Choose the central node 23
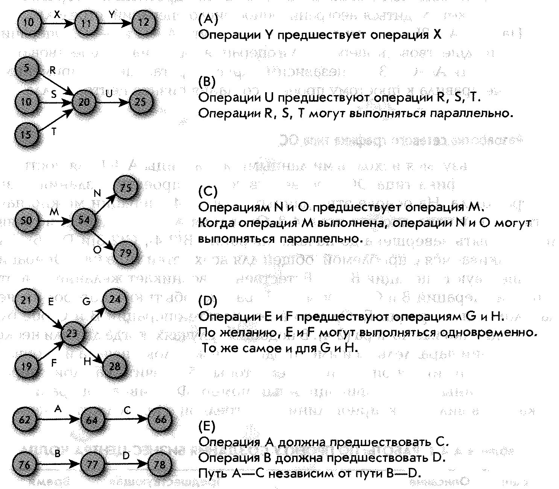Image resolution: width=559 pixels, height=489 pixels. (x=72, y=333)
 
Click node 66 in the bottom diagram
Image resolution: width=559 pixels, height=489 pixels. (x=160, y=419)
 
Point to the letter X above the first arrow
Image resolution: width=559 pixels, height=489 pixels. (x=57, y=15)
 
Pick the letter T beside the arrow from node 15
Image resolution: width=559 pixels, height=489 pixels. (x=54, y=132)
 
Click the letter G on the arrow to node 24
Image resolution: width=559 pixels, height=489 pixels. (x=87, y=302)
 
